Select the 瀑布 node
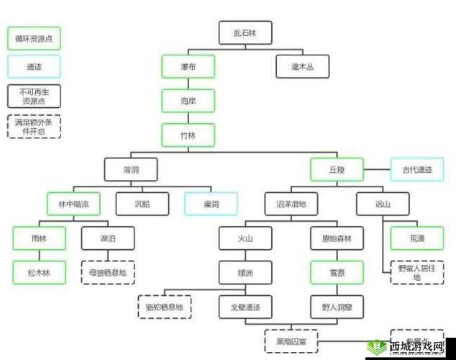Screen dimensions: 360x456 tap(188, 67)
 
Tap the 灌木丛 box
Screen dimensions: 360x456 tap(303, 67)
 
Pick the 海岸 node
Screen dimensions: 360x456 tap(188, 102)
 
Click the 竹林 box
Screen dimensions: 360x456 tap(188, 135)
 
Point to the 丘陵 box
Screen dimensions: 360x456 tap(337, 170)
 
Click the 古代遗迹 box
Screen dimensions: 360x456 tap(417, 170)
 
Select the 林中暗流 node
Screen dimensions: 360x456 tap(73, 204)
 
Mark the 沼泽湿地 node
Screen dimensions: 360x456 tap(291, 204)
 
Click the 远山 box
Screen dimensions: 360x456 tap(383, 204)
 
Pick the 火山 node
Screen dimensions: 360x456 tap(245, 238)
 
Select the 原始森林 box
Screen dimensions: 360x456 tap(337, 238)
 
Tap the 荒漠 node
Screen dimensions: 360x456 tap(417, 238)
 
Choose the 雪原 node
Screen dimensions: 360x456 tap(337, 273)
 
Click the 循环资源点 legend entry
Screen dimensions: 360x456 tap(34, 38)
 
